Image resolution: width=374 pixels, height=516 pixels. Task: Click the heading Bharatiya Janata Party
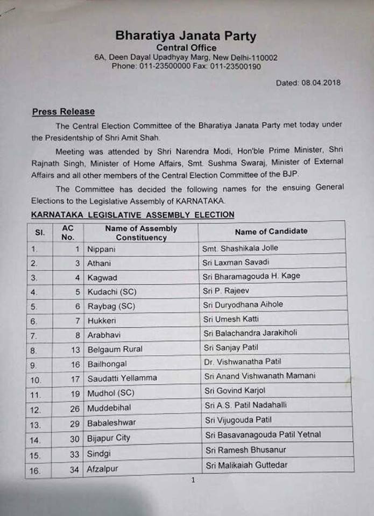186,37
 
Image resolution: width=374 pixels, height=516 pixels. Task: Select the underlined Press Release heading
63,112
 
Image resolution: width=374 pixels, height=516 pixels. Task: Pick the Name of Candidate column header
271,231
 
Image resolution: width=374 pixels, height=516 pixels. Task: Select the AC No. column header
68,232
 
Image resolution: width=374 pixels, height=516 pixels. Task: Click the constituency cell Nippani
102,249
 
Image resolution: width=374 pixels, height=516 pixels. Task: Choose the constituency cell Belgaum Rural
115,349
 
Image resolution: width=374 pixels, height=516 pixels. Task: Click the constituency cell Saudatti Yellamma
122,378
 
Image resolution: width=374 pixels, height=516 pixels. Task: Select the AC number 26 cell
74,408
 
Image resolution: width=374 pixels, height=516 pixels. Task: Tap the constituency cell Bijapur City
109,438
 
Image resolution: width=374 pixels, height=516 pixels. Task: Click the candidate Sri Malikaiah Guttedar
245,465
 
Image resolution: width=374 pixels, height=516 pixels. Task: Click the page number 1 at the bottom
193,480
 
